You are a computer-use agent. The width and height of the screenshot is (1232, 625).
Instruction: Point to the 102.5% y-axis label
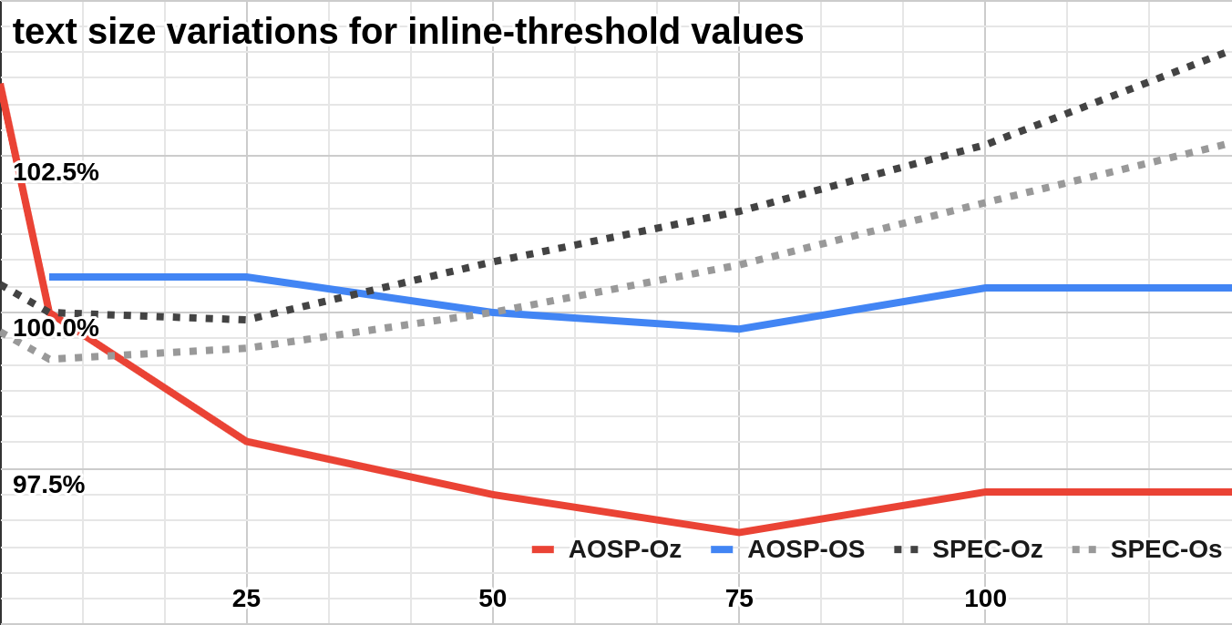point(56,172)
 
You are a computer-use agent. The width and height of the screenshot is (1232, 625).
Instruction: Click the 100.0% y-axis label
point(56,328)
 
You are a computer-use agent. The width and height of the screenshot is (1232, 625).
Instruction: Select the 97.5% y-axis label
point(49,485)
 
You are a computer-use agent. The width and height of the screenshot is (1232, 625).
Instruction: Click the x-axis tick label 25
point(246,599)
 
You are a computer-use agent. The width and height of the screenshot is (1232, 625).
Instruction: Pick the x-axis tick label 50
point(492,599)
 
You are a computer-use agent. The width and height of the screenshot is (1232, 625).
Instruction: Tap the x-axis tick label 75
point(738,599)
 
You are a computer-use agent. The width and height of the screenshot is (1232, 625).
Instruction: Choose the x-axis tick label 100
point(985,599)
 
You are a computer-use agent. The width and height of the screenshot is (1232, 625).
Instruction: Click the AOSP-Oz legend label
point(624,549)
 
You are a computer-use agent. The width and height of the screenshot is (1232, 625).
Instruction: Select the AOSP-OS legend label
point(806,549)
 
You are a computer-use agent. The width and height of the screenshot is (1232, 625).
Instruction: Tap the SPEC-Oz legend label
point(987,549)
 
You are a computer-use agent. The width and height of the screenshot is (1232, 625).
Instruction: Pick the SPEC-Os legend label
point(1165,549)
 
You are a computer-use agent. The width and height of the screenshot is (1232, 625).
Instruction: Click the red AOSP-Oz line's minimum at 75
point(738,532)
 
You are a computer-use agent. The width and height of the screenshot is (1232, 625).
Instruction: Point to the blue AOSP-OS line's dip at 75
point(738,329)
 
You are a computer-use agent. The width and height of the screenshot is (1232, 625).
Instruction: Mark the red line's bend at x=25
point(246,442)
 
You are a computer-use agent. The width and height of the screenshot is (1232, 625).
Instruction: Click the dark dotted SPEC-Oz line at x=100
point(985,145)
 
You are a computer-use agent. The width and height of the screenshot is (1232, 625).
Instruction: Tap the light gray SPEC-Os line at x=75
point(738,265)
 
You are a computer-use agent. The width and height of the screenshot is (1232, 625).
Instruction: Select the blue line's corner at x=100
point(985,288)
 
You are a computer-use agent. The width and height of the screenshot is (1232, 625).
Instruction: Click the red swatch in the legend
point(543,549)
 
